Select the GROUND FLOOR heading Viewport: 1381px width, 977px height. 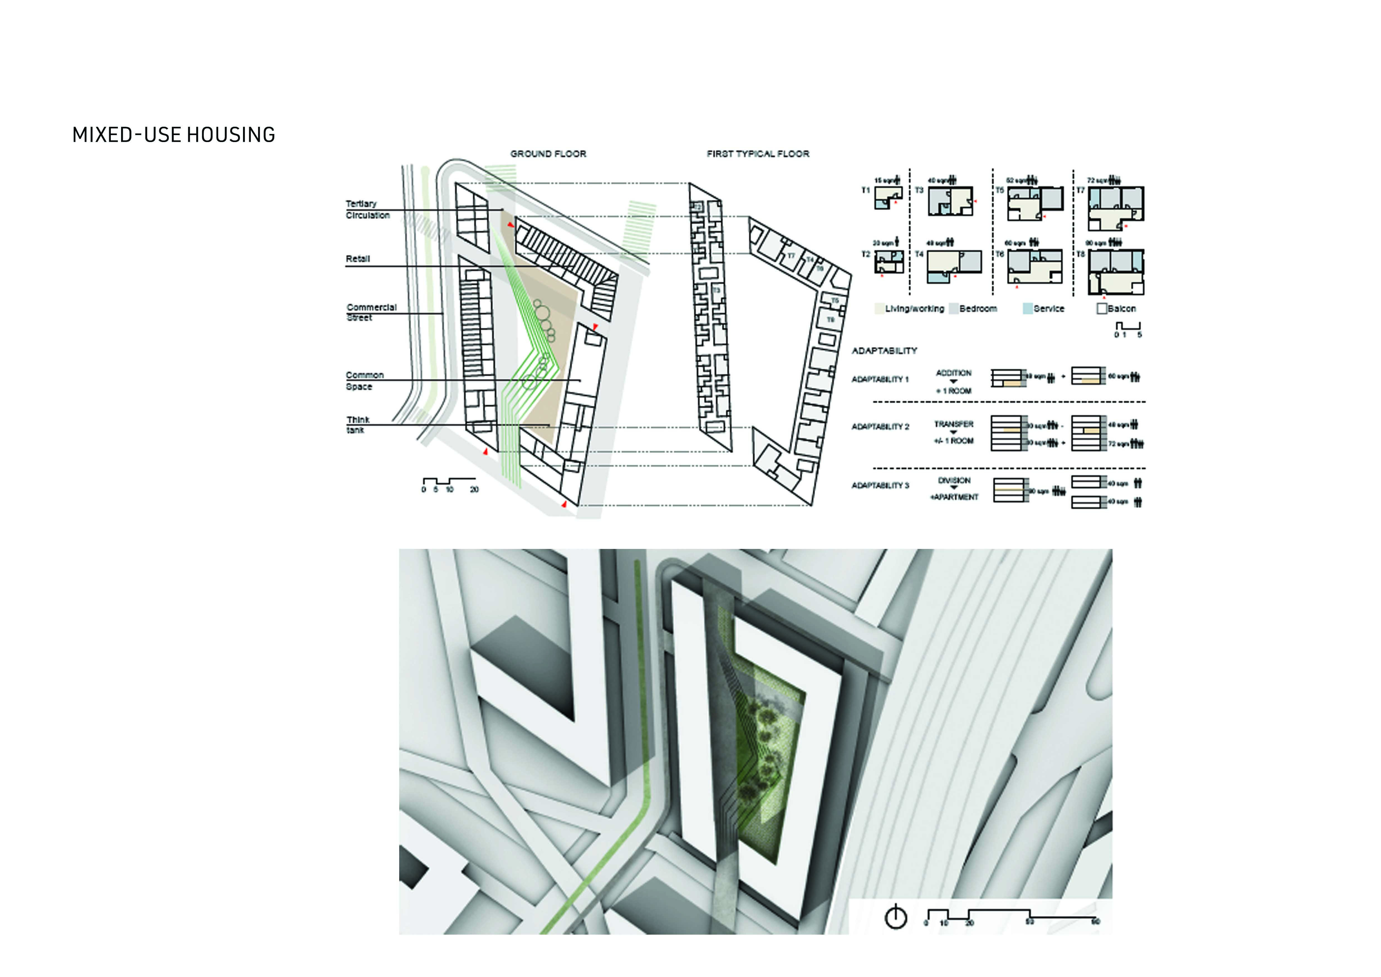click(548, 154)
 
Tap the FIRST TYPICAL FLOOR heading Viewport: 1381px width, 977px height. click(758, 154)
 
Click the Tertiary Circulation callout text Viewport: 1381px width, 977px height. click(367, 209)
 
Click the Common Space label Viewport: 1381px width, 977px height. click(364, 380)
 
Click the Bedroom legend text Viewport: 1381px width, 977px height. click(978, 309)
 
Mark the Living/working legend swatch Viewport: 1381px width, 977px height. click(879, 309)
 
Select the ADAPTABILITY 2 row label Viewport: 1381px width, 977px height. click(880, 427)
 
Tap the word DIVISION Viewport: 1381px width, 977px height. click(954, 480)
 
